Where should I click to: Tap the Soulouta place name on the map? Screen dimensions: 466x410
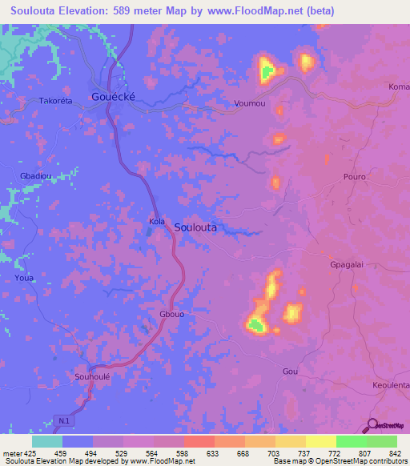tap(195, 227)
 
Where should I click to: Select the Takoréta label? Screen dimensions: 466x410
tap(56, 102)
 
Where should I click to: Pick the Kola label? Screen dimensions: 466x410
tap(157, 221)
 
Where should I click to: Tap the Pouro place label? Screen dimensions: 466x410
tap(354, 176)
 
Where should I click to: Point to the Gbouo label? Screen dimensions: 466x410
tap(172, 315)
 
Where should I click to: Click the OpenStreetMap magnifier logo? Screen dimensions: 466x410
tap(371, 424)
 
